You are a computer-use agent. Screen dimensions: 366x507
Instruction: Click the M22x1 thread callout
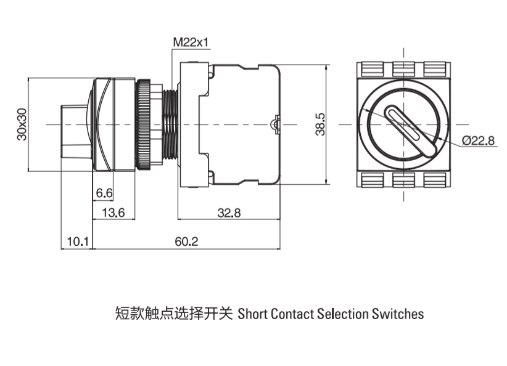[191, 43]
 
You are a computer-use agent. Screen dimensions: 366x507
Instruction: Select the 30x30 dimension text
[22, 124]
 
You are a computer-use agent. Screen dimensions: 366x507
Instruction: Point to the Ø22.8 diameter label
[478, 140]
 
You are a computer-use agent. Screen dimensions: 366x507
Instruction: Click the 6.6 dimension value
[104, 193]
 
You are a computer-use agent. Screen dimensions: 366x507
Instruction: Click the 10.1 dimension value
[77, 242]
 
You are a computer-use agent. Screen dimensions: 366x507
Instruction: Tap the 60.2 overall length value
[186, 242]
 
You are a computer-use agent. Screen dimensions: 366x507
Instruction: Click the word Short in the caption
[252, 314]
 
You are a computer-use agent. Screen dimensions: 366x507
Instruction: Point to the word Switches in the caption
[398, 314]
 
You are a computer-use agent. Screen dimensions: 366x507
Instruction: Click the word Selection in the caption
[342, 314]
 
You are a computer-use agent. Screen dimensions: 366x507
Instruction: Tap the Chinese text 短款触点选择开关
[173, 314]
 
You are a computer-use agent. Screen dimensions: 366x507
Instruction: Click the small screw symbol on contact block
[275, 124]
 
